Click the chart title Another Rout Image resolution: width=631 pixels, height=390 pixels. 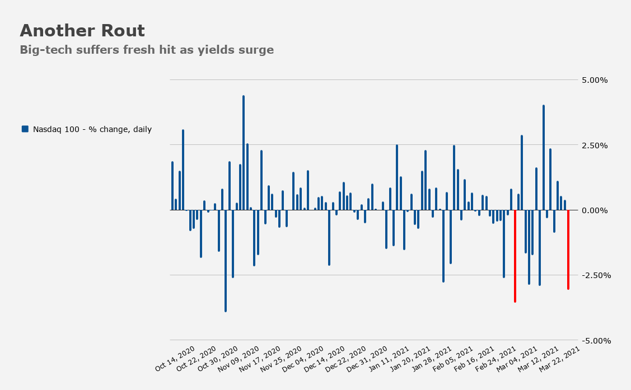(82, 31)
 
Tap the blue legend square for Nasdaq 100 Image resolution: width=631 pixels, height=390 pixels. (25, 129)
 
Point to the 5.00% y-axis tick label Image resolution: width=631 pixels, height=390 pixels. (595, 80)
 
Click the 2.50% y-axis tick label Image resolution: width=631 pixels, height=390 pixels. (595, 145)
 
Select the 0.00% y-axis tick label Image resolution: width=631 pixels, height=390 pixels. (595, 210)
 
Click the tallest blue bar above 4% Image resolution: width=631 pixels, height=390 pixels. (244, 153)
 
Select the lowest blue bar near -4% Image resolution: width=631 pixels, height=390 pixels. (225, 261)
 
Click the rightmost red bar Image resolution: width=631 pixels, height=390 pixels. (568, 250)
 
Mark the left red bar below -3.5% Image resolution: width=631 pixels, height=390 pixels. (515, 256)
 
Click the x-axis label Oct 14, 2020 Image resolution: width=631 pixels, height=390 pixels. (175, 358)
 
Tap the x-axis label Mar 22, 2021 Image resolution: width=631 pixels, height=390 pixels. (559, 358)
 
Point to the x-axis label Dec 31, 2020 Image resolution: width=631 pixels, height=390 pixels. (367, 358)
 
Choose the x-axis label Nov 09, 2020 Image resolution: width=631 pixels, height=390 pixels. (239, 358)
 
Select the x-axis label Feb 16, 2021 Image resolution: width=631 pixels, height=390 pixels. (474, 358)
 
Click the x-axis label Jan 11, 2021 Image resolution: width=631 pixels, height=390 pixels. (389, 358)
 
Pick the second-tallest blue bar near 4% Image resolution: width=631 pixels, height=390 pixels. (543, 158)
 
